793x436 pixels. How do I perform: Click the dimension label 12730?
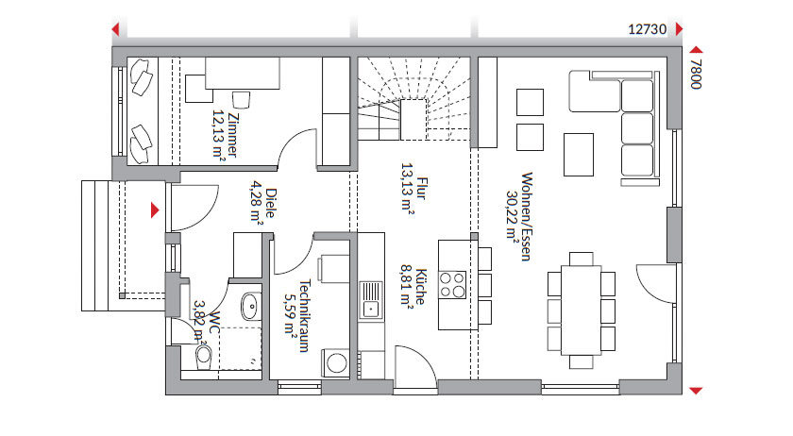point(647,29)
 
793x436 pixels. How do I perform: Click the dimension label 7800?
point(696,74)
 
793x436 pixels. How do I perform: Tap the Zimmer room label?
point(232,135)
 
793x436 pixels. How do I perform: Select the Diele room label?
point(271,203)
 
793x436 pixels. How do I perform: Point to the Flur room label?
point(421,188)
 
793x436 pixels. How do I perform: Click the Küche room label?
point(420,287)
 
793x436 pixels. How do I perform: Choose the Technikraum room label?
point(304,316)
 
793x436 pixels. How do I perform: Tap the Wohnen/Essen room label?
point(527,216)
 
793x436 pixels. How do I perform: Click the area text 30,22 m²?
point(512,215)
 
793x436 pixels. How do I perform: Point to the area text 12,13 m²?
point(218,135)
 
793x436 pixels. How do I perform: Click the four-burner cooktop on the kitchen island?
point(452,285)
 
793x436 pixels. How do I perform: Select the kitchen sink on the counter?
point(371,300)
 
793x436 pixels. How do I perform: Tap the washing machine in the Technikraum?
point(335,362)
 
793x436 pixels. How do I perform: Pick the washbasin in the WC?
point(250,306)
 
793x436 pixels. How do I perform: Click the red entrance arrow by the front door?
point(155,210)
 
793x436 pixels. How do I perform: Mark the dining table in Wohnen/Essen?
point(582,310)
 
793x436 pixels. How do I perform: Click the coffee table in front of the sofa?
point(579,155)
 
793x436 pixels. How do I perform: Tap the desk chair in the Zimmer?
point(242,100)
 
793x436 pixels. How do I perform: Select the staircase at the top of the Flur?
point(414,99)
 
